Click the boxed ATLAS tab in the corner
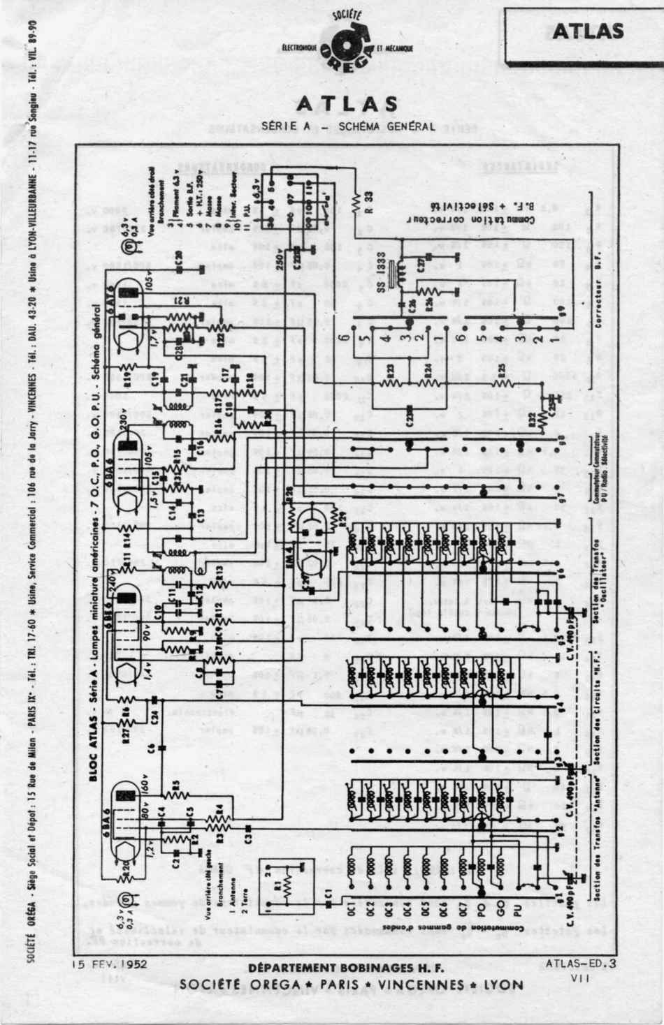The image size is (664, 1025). coord(588,32)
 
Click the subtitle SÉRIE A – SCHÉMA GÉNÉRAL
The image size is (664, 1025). coord(347,126)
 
